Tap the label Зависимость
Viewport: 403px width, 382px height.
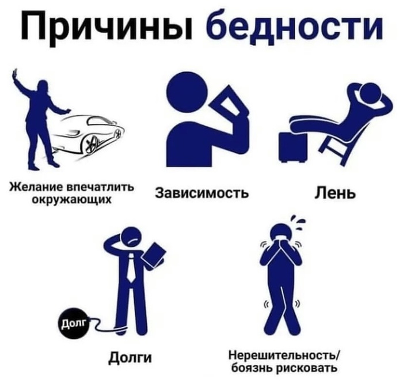click(x=202, y=192)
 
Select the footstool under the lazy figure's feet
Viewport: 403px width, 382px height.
click(x=291, y=146)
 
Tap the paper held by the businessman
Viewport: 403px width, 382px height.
click(x=154, y=254)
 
